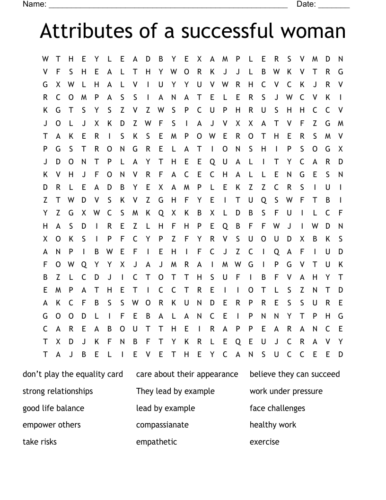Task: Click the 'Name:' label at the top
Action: click(x=35, y=4)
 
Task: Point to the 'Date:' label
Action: click(x=306, y=4)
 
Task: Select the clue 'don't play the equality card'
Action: click(x=73, y=374)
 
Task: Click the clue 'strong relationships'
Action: click(x=58, y=391)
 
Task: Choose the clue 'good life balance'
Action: click(x=53, y=408)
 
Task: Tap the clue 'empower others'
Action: click(x=52, y=425)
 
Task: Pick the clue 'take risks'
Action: click(x=40, y=442)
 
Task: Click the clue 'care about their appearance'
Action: click(x=187, y=374)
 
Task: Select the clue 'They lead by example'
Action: click(x=175, y=391)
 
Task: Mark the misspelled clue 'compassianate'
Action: click(x=162, y=425)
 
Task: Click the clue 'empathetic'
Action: click(x=157, y=442)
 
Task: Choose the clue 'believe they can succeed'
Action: click(x=295, y=374)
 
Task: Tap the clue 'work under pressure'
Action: click(x=286, y=391)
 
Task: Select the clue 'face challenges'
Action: click(x=277, y=408)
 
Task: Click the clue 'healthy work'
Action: click(x=273, y=425)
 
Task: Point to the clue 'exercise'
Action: click(x=264, y=442)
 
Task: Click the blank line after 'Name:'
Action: click(x=168, y=6)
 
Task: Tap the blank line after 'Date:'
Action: click(x=334, y=6)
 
